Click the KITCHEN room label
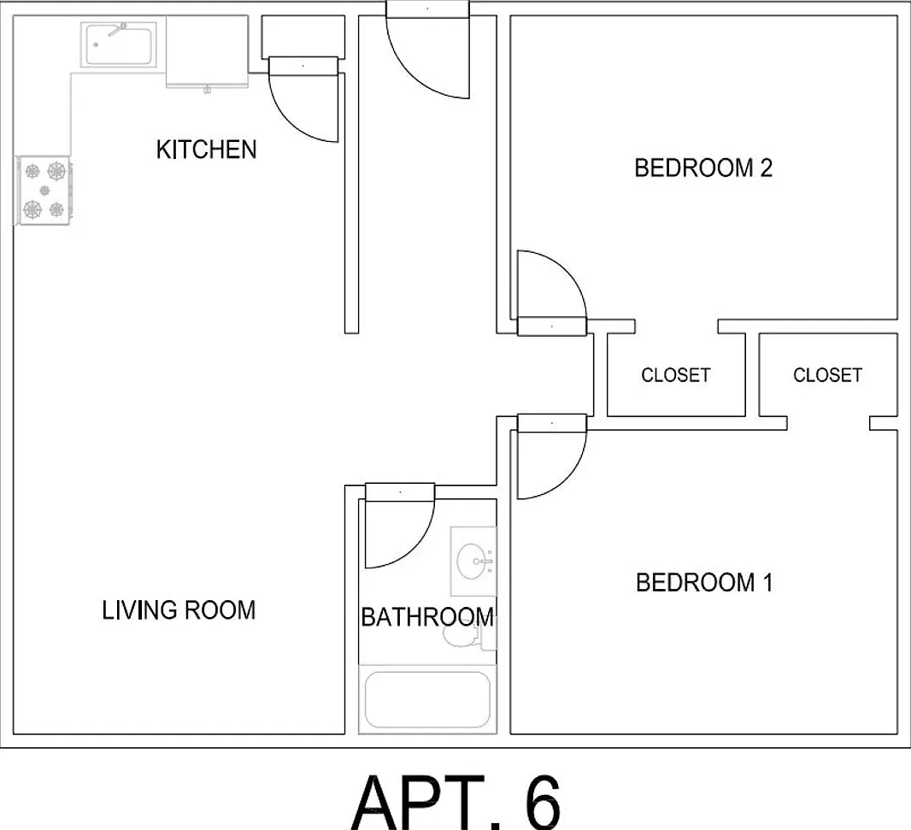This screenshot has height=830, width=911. tap(206, 150)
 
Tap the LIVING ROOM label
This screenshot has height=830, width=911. tap(179, 610)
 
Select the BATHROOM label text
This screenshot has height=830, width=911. tap(427, 617)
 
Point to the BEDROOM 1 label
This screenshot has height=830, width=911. tap(704, 582)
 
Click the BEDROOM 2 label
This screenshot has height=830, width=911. tap(703, 168)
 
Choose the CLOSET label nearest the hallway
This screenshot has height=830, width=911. tap(676, 375)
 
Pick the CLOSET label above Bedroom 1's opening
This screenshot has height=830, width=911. tap(827, 375)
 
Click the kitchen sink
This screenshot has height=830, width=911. tap(119, 44)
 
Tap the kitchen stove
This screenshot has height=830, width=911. tap(44, 190)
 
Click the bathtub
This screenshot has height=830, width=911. tap(427, 699)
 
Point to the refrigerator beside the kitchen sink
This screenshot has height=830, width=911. tap(208, 52)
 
